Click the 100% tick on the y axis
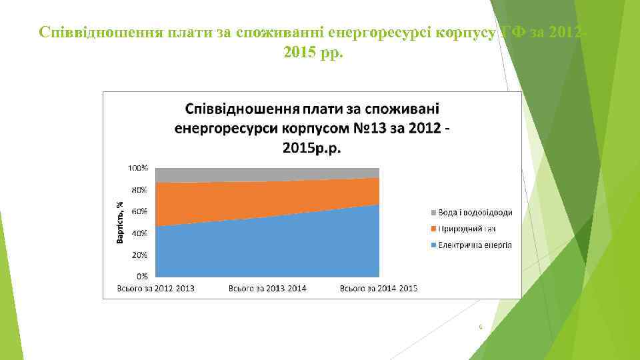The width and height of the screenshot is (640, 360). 138,168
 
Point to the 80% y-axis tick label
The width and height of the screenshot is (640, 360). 139,189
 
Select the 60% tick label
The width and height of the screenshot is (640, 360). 139,211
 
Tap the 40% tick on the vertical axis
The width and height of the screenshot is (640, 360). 139,233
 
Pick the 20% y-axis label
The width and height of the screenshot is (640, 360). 139,255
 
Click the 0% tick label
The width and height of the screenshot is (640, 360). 142,275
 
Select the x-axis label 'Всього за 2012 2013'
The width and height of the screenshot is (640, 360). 156,289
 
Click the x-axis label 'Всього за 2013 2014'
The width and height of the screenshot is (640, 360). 267,289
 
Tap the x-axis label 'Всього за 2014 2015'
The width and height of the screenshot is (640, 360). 379,289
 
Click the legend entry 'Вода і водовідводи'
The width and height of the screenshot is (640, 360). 475,213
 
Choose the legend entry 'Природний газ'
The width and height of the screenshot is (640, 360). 467,229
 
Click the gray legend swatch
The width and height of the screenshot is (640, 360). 433,213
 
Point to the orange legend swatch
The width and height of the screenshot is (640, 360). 433,229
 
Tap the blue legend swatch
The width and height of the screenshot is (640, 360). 433,245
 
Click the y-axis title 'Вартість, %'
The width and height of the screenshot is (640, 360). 119,222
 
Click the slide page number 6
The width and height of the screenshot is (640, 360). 480,327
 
